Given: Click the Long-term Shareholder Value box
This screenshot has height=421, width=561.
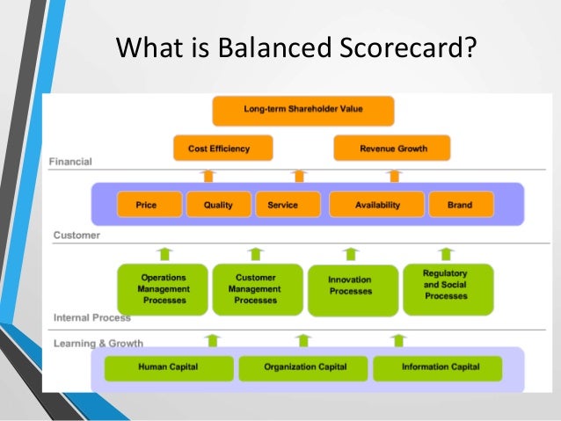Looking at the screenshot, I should point(303,110).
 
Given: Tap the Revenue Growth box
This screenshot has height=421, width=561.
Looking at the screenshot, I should point(392,149).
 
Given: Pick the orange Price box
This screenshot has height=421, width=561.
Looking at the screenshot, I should point(146,205).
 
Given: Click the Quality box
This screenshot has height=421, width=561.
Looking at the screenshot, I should point(218,205).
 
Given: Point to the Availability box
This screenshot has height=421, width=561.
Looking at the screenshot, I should point(377,205).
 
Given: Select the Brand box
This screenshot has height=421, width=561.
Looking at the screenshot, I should point(460,205).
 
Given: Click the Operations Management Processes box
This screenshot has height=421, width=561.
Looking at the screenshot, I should point(163,289).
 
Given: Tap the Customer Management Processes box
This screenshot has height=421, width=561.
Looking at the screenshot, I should point(255,289).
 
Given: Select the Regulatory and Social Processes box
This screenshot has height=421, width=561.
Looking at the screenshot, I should point(446,286).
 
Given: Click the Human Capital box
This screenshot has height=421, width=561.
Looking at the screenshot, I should point(168,367).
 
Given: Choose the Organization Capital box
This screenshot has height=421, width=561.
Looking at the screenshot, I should point(305,367).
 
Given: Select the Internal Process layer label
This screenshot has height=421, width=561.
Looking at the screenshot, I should point(92,317).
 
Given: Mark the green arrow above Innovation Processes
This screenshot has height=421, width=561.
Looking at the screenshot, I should point(351,254).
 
